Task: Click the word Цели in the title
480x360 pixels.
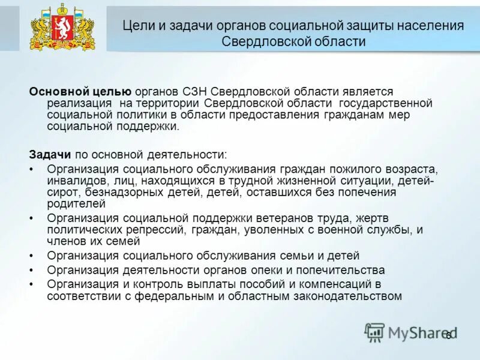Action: pos(136,26)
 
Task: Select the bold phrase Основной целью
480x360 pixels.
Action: pos(80,91)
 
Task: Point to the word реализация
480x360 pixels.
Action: pos(75,103)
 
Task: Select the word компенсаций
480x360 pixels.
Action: pos(329,284)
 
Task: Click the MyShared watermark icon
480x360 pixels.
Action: pos(374,332)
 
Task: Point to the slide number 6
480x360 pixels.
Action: pos(447,335)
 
